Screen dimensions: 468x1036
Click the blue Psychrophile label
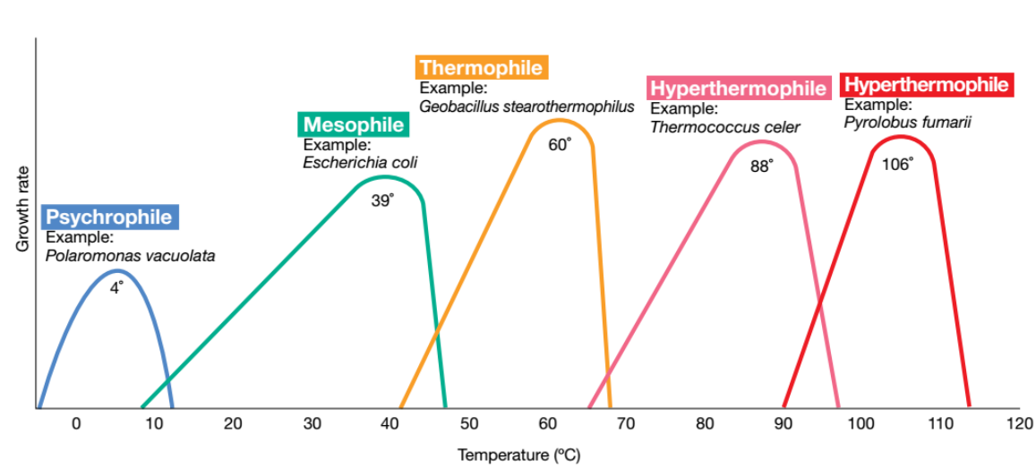pos(110,217)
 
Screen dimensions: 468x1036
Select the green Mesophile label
pos(354,124)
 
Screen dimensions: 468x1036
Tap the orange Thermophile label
pos(481,67)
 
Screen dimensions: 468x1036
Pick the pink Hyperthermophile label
pos(738,89)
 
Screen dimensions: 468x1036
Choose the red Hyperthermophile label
pos(926,85)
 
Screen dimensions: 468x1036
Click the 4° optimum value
pos(116,287)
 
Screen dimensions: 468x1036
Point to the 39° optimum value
pos(382,201)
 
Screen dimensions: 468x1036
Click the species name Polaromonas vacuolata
pos(130,256)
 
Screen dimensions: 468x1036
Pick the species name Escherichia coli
pos(360,163)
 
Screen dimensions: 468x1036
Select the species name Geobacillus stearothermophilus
pos(527,106)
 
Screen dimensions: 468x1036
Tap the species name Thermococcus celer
pos(724,127)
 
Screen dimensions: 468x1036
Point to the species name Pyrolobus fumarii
pos(907,123)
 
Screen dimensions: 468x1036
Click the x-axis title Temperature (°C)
pos(518,455)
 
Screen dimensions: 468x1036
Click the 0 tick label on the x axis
pos(76,423)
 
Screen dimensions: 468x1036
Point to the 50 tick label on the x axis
pos(468,423)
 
